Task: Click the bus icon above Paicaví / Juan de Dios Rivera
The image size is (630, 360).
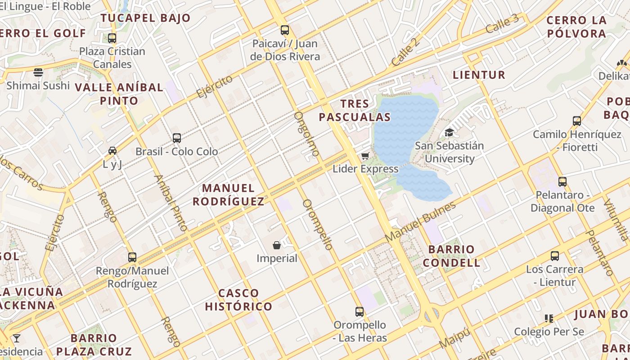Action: (x=285, y=30)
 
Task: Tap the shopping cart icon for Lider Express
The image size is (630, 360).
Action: (x=365, y=156)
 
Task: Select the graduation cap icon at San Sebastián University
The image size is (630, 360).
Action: (x=449, y=132)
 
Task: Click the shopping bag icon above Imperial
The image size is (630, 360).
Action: (x=277, y=245)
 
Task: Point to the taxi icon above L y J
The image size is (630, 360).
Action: (x=112, y=151)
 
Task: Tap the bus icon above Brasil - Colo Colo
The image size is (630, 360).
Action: (x=177, y=138)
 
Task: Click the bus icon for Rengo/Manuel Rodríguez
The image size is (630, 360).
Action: (x=132, y=257)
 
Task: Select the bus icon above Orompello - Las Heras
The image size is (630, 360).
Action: (x=359, y=311)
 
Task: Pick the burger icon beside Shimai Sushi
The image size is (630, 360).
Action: (x=38, y=72)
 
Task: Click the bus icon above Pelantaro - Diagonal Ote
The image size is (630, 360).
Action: (x=562, y=182)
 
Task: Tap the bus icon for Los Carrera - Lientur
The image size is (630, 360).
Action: (x=555, y=256)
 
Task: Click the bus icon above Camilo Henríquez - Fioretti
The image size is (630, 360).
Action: (x=577, y=121)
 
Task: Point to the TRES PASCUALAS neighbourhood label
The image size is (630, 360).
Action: (x=355, y=111)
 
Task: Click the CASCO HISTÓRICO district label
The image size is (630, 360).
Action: (x=238, y=300)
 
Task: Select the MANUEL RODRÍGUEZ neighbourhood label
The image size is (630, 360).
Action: (x=229, y=195)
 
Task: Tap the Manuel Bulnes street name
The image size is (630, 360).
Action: (x=421, y=221)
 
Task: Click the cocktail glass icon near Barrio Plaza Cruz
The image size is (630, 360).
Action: (x=17, y=338)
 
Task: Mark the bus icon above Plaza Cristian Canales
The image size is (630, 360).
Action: (x=112, y=38)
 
